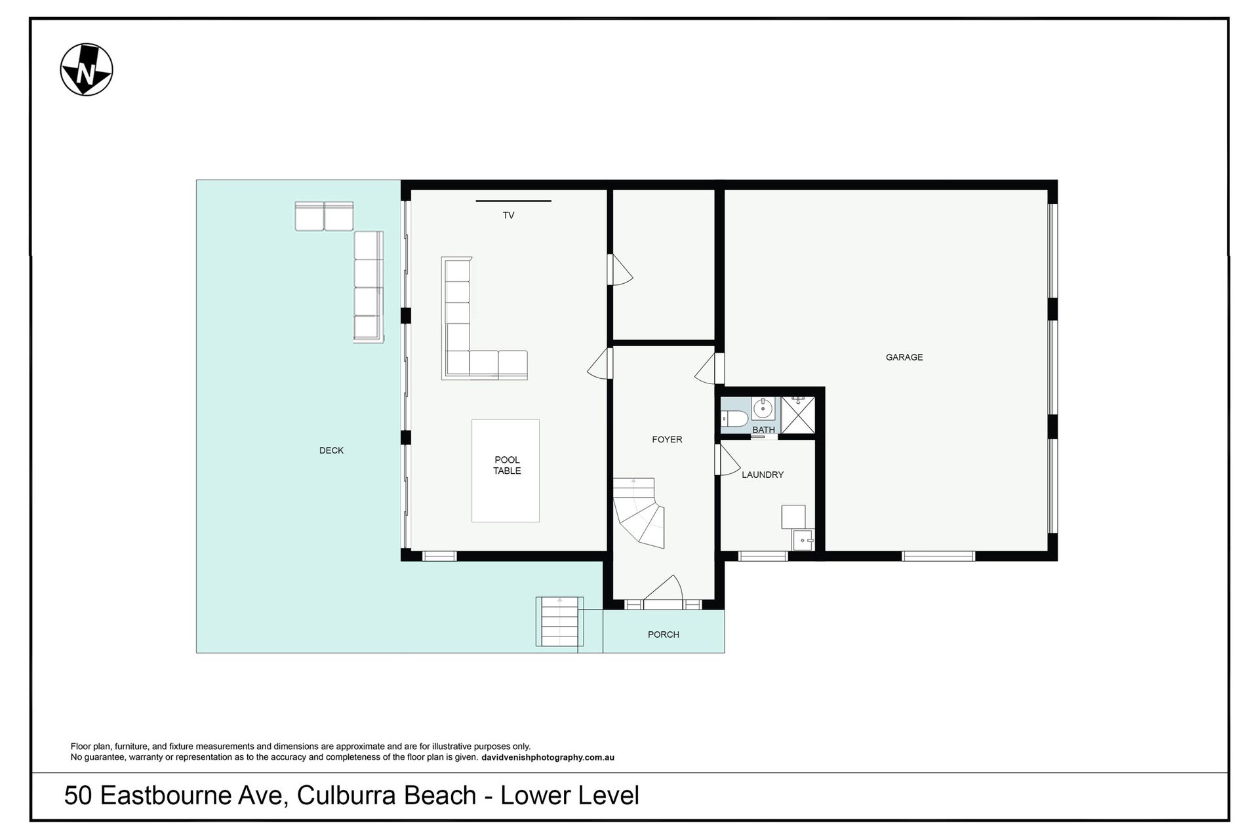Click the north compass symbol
[x=87, y=69]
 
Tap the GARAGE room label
[x=904, y=357]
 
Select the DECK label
[x=331, y=450]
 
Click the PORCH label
[x=664, y=634]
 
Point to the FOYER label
[x=667, y=440]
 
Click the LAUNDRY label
[x=763, y=475]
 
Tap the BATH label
[x=763, y=430]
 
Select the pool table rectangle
[x=506, y=471]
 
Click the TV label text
[x=508, y=215]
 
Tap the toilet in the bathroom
[x=734, y=418]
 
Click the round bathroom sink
[x=763, y=409]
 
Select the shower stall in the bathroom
[x=798, y=414]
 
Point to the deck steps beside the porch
[x=559, y=621]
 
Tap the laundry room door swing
[x=729, y=459]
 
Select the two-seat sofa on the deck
[x=324, y=216]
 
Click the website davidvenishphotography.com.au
[x=548, y=758]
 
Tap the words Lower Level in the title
[x=570, y=796]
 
